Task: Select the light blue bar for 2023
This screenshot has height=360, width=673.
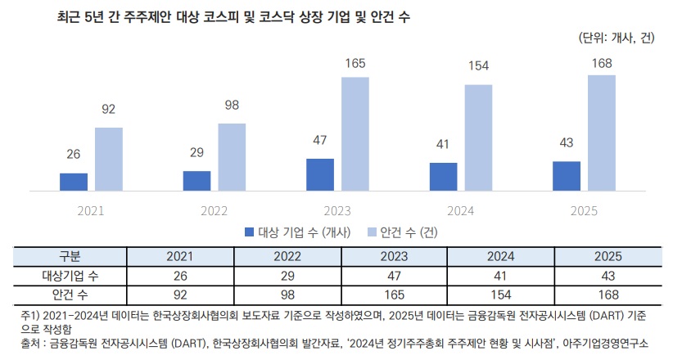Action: (356, 134)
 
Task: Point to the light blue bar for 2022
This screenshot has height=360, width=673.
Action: (233, 157)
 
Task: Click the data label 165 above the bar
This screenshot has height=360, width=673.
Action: (356, 63)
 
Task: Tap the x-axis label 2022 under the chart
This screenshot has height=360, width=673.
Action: (214, 210)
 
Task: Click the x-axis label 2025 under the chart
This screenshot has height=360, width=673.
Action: (583, 210)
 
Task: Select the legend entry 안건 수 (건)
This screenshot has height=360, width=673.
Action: (403, 232)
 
